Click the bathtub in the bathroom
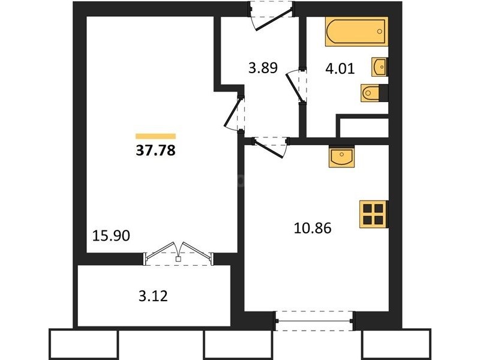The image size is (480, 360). tap(356, 32)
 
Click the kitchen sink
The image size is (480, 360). tap(341, 157)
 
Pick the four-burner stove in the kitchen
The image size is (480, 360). tap(374, 214)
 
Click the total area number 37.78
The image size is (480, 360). tap(155, 151)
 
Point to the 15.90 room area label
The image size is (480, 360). tap(111, 236)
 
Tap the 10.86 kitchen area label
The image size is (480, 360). tap(313, 229)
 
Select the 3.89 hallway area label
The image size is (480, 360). tap(263, 68)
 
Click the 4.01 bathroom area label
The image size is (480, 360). tap(340, 68)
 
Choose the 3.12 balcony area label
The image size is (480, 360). tap(153, 296)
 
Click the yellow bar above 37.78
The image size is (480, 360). tap(155, 136)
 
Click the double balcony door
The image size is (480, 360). tap(178, 253)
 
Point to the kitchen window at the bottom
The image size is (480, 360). tap(314, 321)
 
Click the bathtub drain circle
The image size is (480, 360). tap(380, 31)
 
